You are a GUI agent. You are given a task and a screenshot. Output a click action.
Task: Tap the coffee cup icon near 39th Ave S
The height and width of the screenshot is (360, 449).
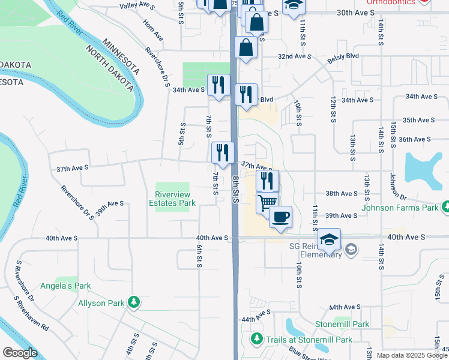(280, 217)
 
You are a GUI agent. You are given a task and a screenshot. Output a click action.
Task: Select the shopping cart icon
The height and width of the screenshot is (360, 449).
(267, 202)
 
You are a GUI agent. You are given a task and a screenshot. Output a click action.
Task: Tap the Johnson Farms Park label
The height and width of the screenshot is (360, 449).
(400, 209)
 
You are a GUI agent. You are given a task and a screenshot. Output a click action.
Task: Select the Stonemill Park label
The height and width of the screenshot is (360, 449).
(342, 324)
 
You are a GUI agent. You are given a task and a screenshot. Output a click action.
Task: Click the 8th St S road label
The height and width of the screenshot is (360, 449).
(236, 189)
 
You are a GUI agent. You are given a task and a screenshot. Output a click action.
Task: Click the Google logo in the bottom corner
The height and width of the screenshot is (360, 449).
(20, 353)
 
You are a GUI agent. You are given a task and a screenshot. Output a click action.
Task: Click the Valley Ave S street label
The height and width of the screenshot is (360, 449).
(137, 7)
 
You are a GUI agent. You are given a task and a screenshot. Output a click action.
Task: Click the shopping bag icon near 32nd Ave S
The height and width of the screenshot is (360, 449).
(247, 47)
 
